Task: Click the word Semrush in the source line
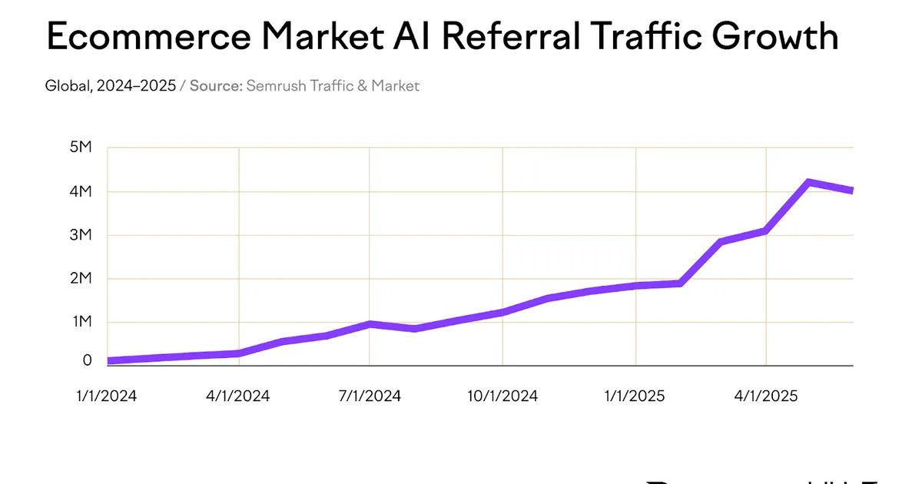tap(275, 86)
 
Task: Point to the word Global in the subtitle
tap(68, 86)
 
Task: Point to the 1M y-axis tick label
tap(81, 322)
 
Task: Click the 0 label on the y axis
tap(87, 360)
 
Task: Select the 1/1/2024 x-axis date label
tap(106, 396)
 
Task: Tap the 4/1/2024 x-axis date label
tap(239, 396)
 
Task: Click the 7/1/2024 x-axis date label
tap(370, 396)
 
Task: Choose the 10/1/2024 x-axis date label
tap(502, 396)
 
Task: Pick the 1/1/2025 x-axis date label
tap(635, 396)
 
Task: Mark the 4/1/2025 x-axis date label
tap(766, 396)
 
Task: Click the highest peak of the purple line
tap(808, 182)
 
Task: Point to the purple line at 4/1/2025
tap(766, 230)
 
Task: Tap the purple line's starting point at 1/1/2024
tap(109, 360)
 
